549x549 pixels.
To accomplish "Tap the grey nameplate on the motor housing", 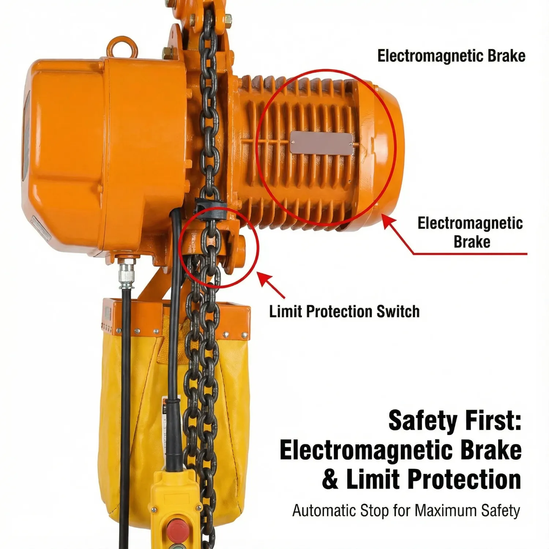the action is pos(322,143).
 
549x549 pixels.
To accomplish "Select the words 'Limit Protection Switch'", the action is pos(344,311).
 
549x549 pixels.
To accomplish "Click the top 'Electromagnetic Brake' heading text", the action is pos(451,56).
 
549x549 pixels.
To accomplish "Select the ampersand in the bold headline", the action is pos(330,479).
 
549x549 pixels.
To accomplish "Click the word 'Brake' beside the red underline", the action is pos(472,242).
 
